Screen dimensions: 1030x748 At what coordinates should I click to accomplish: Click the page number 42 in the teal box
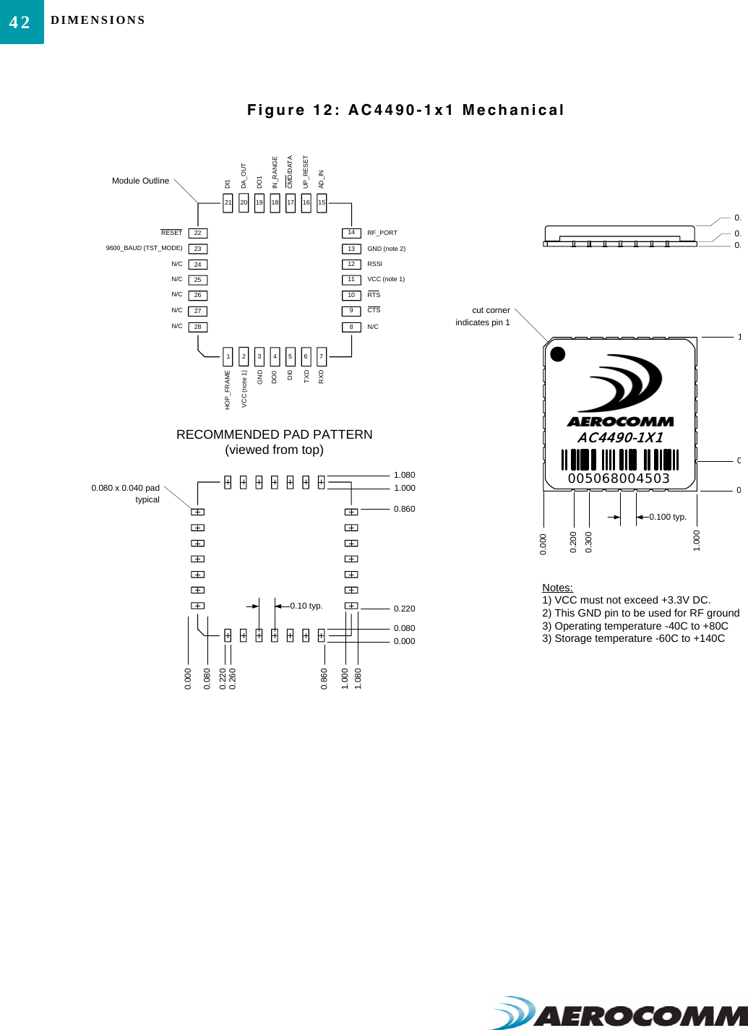20,22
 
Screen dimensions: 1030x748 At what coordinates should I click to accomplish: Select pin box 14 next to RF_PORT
351,233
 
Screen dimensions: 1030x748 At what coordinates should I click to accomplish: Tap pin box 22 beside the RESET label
197,233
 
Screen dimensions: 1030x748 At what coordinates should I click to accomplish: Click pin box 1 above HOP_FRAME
228,356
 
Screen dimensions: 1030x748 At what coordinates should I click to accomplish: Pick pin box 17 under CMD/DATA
291,203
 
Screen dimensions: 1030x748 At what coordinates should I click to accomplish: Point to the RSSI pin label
374,264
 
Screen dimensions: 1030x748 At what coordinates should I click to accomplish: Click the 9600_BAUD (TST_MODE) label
144,248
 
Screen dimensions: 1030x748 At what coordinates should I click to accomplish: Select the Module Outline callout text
140,181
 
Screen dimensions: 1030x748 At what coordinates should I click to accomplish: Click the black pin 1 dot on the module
558,354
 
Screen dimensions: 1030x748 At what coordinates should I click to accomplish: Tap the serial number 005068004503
619,478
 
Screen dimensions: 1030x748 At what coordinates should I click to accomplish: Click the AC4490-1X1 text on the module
620,437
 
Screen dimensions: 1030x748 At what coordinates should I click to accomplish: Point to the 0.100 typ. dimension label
668,517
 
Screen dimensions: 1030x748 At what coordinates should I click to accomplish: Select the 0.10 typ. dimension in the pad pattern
306,606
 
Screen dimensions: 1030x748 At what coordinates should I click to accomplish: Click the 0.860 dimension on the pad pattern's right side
404,509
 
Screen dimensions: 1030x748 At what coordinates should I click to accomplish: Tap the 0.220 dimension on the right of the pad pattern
404,609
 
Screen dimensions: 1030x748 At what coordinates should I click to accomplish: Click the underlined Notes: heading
557,588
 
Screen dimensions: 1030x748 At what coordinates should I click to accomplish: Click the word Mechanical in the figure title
513,110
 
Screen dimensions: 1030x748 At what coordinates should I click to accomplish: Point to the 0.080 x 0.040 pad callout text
125,488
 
